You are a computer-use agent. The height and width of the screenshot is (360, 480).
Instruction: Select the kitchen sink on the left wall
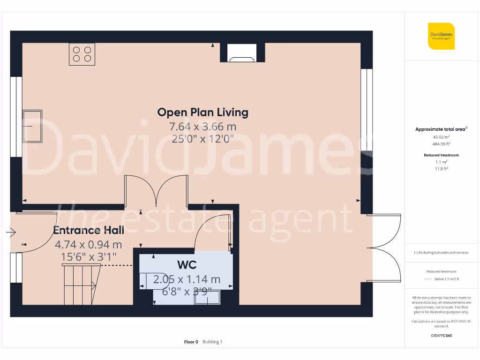pyautogui.click(x=32, y=127)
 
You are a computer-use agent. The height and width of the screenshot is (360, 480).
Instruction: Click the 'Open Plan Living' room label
pyautogui.click(x=202, y=112)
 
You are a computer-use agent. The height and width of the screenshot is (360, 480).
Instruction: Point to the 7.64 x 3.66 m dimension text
pyautogui.click(x=202, y=127)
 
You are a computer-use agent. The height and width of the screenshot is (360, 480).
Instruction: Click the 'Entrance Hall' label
pyautogui.click(x=89, y=230)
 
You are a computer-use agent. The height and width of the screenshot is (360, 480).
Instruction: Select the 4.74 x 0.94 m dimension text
pyautogui.click(x=89, y=244)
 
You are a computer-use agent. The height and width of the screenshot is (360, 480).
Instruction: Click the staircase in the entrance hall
pyautogui.click(x=82, y=280)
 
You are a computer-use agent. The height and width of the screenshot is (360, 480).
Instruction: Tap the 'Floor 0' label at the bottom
pyautogui.click(x=191, y=342)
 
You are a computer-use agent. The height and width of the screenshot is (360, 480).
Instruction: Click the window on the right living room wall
pyautogui.click(x=367, y=110)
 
